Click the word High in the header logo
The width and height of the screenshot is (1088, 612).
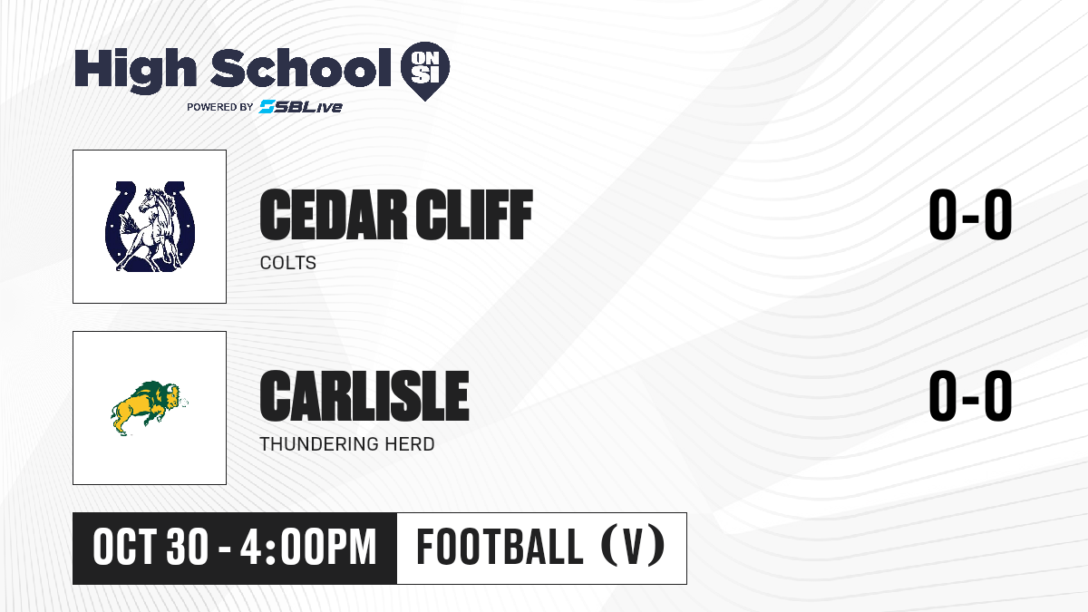click(x=135, y=71)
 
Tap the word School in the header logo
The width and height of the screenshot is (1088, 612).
click(x=301, y=68)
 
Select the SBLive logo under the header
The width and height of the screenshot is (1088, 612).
click(x=300, y=106)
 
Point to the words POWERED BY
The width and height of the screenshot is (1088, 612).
click(x=220, y=107)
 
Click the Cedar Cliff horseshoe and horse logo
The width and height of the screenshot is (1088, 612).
click(x=151, y=227)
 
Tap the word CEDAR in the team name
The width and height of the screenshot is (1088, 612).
click(x=334, y=215)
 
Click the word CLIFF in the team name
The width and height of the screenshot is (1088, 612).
click(x=474, y=215)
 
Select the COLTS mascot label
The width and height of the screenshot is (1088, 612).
click(x=288, y=263)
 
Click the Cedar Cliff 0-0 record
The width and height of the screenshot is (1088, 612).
click(x=970, y=214)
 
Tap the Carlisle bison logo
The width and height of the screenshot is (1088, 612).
click(x=150, y=408)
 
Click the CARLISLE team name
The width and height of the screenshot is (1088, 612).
click(x=364, y=396)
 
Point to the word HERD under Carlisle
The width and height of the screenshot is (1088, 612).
click(x=410, y=444)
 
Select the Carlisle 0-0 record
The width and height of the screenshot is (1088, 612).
click(x=970, y=395)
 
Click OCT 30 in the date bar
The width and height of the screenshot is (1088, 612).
click(x=151, y=548)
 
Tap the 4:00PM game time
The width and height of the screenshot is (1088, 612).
click(x=308, y=548)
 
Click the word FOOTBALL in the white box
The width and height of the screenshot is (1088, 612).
click(x=500, y=547)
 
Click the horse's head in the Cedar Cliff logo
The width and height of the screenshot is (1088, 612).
click(x=151, y=200)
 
